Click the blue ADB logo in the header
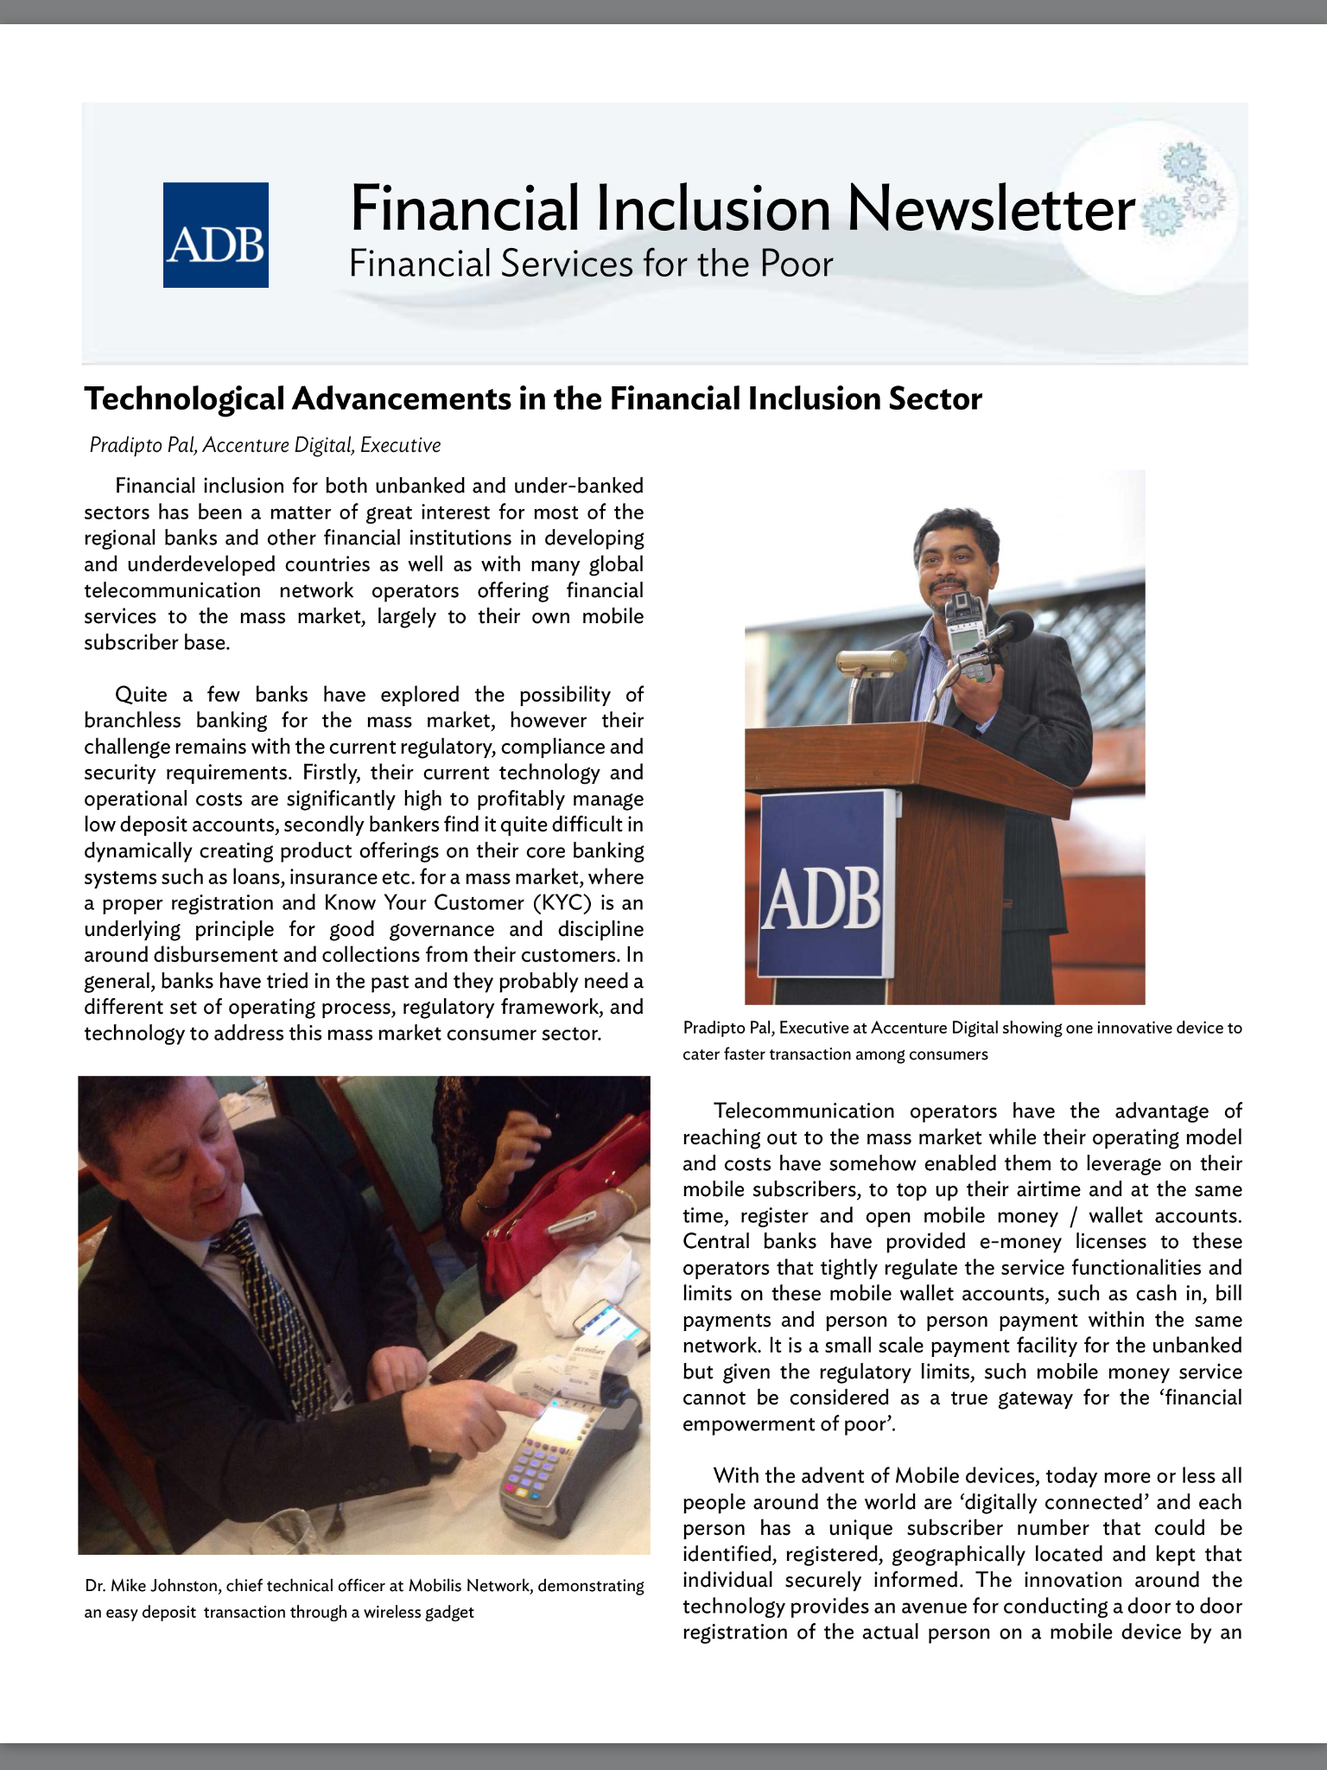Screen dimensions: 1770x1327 pos(215,234)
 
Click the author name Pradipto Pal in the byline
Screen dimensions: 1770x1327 pos(143,445)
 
